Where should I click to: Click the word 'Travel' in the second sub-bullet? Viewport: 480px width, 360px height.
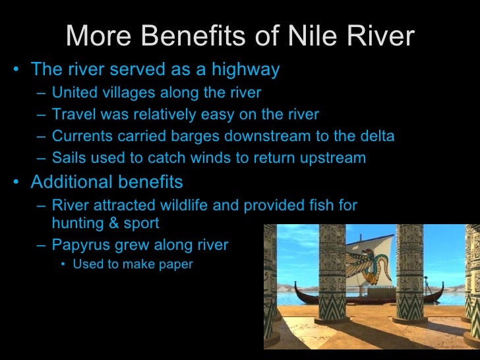pyautogui.click(x=72, y=115)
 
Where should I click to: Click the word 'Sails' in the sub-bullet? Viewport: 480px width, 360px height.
pyautogui.click(x=69, y=158)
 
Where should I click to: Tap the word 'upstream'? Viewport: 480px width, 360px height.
pyautogui.click(x=334, y=158)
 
